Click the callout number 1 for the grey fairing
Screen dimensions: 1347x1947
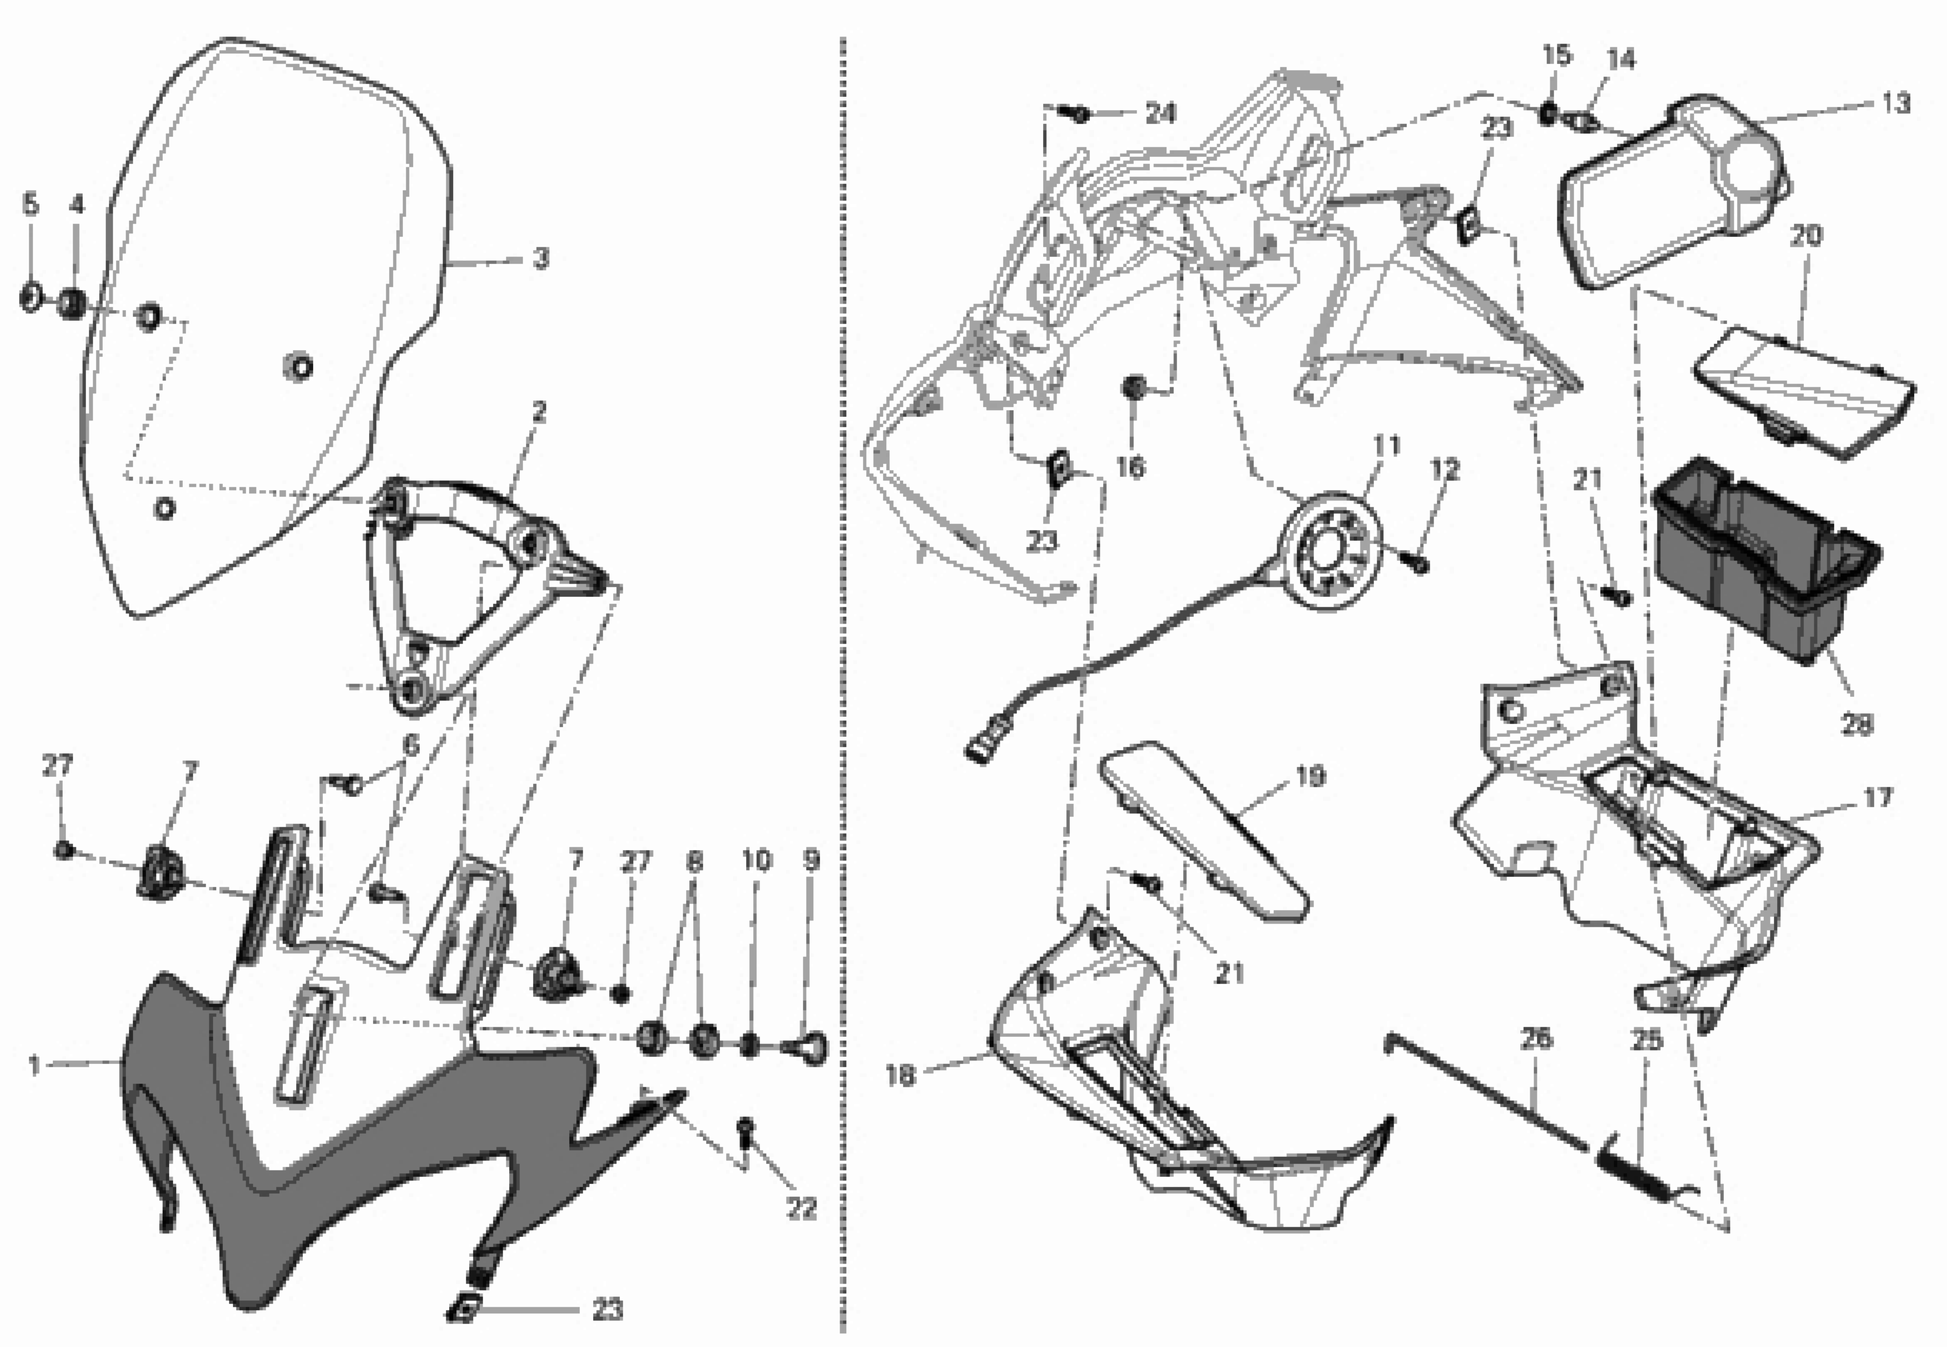34,1066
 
